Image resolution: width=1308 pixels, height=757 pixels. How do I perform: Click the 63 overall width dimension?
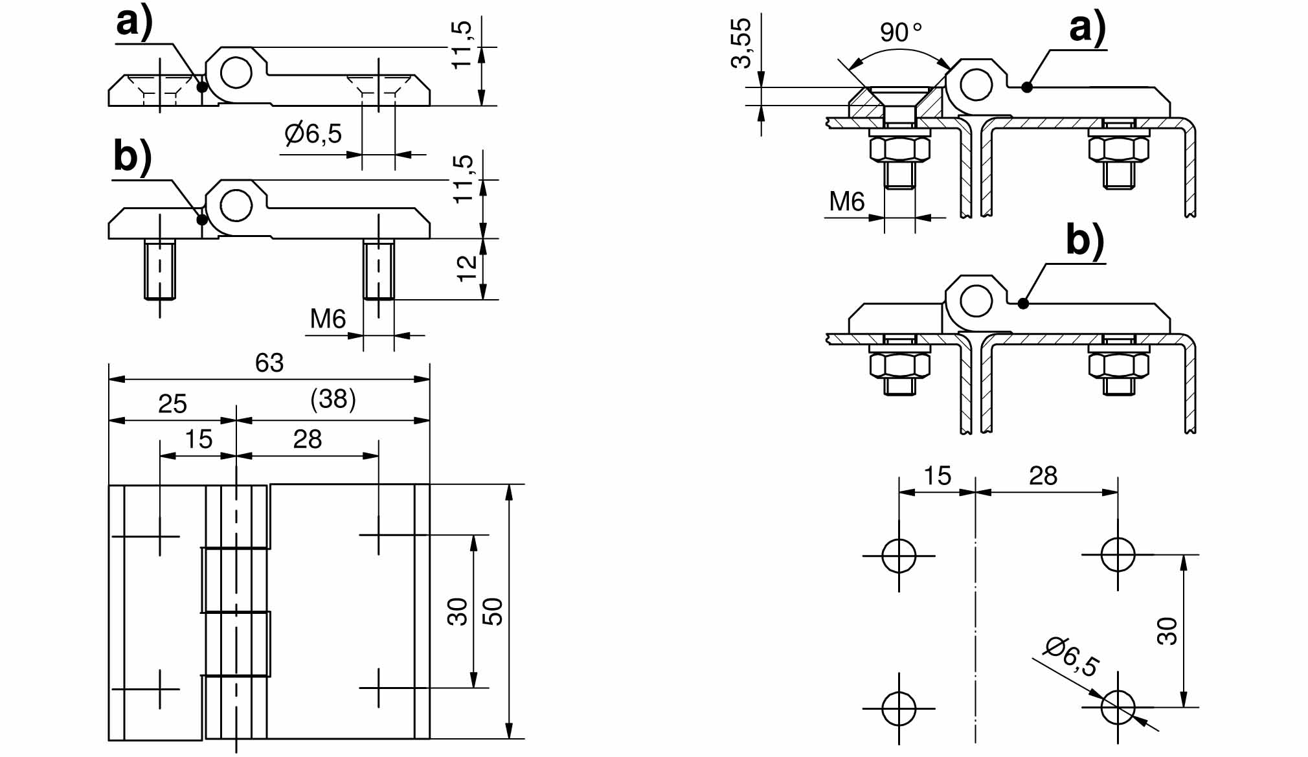tap(269, 363)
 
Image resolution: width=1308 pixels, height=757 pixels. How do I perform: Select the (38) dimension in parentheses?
tap(333, 400)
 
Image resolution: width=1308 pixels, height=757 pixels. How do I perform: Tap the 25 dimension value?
tap(172, 404)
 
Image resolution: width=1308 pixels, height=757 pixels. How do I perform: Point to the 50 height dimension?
tap(493, 611)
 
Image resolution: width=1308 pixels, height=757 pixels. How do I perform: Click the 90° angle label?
tap(900, 32)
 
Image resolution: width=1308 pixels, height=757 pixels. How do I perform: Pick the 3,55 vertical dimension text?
tap(741, 43)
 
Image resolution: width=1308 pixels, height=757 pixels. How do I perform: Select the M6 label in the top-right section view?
tap(847, 202)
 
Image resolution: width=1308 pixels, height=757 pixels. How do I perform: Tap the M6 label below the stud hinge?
tap(328, 319)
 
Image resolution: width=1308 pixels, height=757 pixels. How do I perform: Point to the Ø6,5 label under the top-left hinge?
tap(313, 134)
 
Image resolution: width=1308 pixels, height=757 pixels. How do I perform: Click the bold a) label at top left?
tap(135, 23)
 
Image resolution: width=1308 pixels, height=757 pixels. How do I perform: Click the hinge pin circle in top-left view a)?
tap(236, 73)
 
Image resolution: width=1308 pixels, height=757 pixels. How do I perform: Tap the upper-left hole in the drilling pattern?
tap(899, 556)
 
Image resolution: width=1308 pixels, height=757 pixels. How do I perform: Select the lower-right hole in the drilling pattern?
tap(1118, 706)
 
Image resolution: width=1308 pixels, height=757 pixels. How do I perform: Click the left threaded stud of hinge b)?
tap(160, 269)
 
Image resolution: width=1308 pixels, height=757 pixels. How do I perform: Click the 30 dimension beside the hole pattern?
tap(1167, 631)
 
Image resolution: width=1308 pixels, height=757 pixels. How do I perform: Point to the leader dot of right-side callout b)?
tap(1023, 303)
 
